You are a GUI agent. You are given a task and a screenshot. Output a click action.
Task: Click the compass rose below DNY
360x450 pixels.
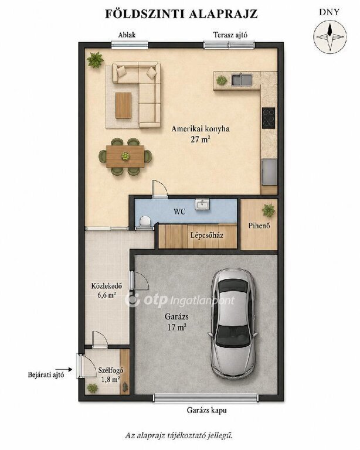click(330, 36)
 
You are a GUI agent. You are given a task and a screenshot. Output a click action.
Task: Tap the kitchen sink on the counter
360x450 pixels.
click(242, 80)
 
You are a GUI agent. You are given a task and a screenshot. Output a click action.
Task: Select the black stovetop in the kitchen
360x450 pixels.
click(269, 118)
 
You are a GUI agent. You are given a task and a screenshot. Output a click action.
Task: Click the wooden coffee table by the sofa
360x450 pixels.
click(124, 105)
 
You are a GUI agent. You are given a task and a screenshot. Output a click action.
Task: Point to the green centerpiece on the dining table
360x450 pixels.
click(125, 156)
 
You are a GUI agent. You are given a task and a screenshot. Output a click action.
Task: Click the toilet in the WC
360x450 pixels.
click(144, 221)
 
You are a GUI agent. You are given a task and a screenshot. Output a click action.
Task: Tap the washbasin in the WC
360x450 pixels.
click(203, 204)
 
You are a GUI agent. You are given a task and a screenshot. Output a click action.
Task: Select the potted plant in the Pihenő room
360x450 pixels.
click(269, 210)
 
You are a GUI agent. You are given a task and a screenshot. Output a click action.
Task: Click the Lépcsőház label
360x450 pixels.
click(207, 236)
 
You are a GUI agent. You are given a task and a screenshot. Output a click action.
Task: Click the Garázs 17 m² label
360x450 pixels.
click(177, 322)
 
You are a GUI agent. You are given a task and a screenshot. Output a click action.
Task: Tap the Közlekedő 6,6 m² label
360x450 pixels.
click(107, 290)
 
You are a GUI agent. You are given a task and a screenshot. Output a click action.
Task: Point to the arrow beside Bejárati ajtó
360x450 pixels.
click(64, 370)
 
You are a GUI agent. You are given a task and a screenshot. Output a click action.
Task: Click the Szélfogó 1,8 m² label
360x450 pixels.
click(111, 374)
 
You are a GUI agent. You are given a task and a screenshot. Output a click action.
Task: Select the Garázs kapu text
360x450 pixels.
click(207, 410)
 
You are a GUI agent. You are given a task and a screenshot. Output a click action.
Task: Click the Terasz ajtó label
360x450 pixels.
click(230, 35)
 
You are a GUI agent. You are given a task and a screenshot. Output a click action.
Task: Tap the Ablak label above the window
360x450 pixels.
click(127, 35)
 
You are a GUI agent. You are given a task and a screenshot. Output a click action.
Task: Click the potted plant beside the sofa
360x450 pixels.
click(95, 60)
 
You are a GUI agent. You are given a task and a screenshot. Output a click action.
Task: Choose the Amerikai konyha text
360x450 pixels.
click(201, 129)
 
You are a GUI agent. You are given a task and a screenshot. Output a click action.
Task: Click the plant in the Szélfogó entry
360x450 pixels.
click(93, 388)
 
